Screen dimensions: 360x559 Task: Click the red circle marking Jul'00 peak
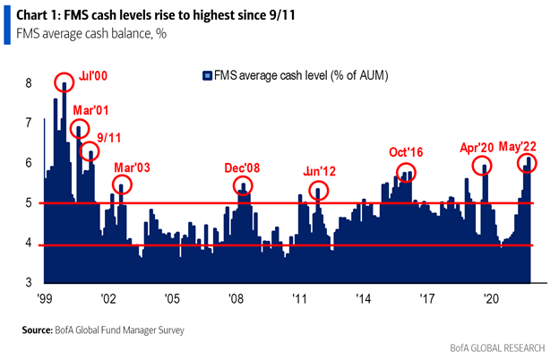coord(64,83)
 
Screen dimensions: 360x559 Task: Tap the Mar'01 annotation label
coord(90,110)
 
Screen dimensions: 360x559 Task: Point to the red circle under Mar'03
coord(122,185)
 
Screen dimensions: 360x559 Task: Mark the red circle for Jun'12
coord(318,191)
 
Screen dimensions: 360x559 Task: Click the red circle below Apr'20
coord(485,167)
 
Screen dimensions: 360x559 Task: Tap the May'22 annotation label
coord(519,146)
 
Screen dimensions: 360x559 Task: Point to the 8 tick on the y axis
coord(28,82)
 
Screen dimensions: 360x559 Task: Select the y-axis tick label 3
coord(28,283)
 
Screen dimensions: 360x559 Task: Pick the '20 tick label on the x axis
coord(490,300)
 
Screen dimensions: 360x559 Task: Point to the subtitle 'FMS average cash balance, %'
coord(89,34)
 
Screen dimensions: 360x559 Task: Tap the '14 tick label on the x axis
coord(363,300)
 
